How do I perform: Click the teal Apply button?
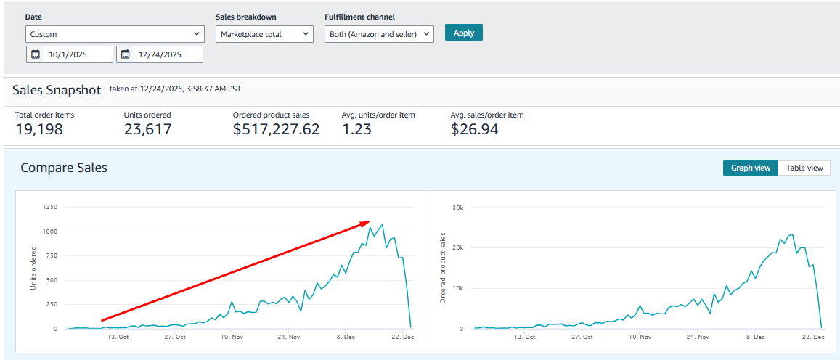tap(463, 32)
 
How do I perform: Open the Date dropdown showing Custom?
tap(115, 34)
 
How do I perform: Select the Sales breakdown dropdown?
tap(264, 34)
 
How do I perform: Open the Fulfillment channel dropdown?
tap(379, 34)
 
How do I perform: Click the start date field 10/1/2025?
tap(78, 54)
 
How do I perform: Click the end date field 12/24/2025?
tap(168, 54)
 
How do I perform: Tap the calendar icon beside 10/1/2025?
tap(36, 54)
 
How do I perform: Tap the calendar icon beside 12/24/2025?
tap(126, 54)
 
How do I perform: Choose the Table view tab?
tap(804, 168)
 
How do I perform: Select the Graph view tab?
tap(751, 168)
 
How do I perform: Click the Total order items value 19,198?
tap(38, 129)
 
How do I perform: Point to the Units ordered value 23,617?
tap(148, 129)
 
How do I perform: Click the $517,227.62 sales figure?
tap(277, 130)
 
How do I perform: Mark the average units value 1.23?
tap(356, 129)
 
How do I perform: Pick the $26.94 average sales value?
tap(475, 130)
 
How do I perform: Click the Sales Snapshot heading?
tap(57, 89)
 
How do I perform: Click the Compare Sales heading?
tap(64, 168)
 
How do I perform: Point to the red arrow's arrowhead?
tap(370, 221)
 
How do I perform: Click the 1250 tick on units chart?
tap(50, 207)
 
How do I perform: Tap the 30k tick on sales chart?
tap(457, 207)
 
